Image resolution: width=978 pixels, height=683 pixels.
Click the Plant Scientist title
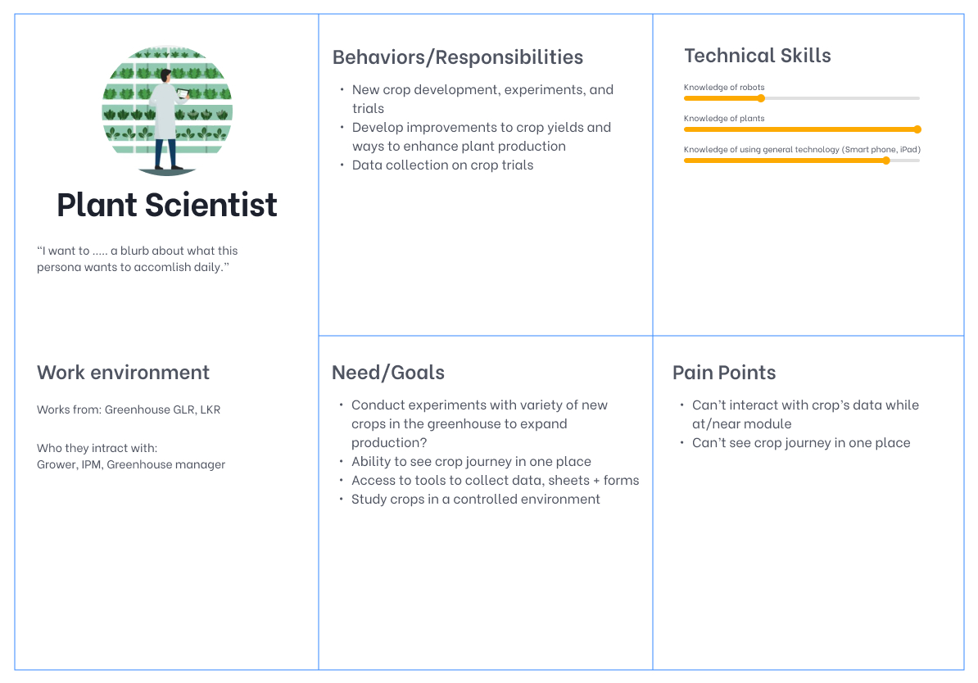click(x=166, y=206)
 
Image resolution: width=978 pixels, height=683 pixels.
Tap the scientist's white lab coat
click(x=165, y=112)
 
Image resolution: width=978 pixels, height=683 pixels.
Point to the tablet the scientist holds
click(x=183, y=93)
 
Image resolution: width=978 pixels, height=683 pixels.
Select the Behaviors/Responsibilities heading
click(x=457, y=57)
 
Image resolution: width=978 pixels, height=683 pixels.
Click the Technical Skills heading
click(x=757, y=56)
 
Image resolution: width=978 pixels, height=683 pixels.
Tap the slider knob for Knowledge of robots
click(x=761, y=98)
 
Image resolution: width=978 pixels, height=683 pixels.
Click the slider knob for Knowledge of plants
click(x=917, y=129)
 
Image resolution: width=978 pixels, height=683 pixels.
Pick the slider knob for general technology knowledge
click(x=886, y=161)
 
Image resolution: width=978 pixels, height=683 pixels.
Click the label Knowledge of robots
click(x=724, y=88)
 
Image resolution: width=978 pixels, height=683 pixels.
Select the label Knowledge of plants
click(x=724, y=119)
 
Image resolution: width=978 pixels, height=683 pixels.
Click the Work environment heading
click(x=123, y=373)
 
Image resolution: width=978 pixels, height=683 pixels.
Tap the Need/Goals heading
click(x=388, y=373)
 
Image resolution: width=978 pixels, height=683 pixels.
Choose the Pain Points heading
click(x=724, y=373)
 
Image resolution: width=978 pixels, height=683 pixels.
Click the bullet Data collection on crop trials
click(x=443, y=165)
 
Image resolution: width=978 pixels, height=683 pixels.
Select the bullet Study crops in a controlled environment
click(x=475, y=499)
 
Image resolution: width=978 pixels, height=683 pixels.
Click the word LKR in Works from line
click(x=211, y=409)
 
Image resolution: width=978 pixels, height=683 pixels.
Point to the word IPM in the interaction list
click(x=91, y=464)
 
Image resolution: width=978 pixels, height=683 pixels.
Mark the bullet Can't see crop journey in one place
click(x=801, y=443)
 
